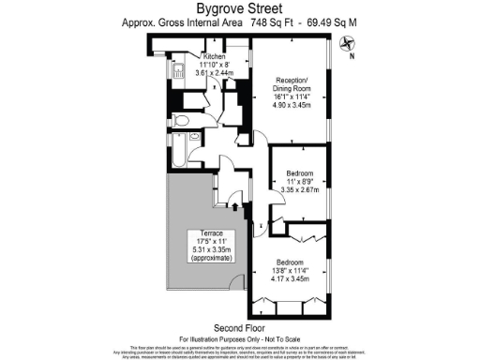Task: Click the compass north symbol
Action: tap(350, 41)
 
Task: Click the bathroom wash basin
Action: tap(194, 138)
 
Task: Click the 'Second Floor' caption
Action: tap(239, 327)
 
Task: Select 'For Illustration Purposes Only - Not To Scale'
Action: tap(239, 337)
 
